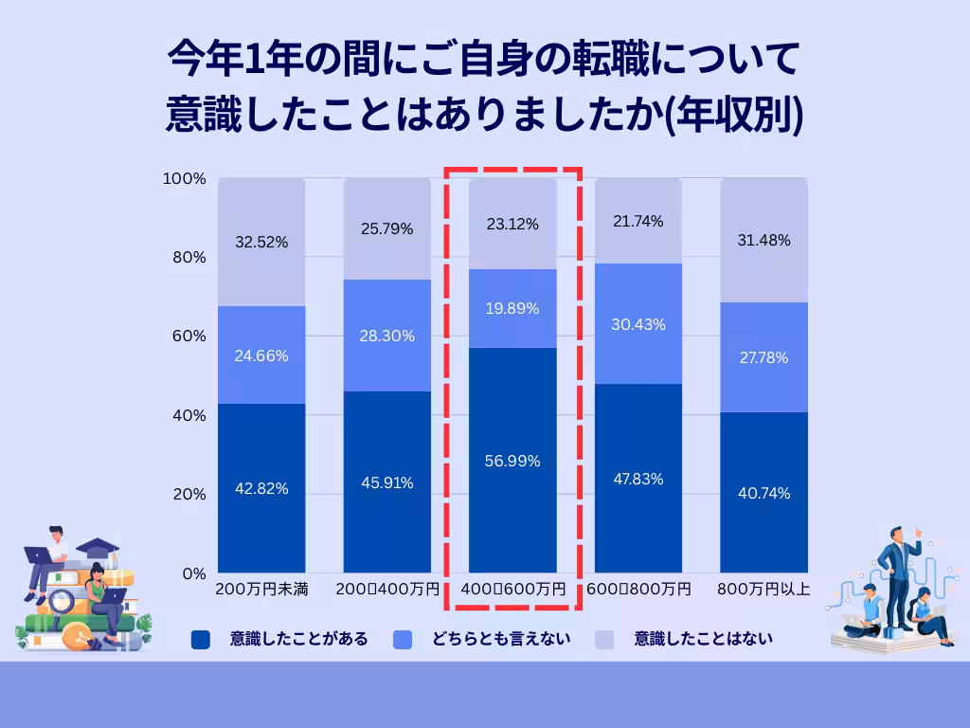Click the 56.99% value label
click(512, 462)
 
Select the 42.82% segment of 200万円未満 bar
click(261, 488)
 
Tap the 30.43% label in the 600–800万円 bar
click(638, 324)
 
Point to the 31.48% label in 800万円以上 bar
click(763, 241)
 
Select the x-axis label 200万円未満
click(261, 590)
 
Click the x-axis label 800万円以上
click(763, 590)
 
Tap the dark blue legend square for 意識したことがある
click(200, 640)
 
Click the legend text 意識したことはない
click(704, 639)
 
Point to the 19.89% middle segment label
click(512, 309)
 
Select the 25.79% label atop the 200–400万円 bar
click(386, 228)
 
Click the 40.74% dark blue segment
click(763, 493)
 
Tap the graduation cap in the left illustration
click(97, 548)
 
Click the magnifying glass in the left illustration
click(62, 600)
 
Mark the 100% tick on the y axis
click(186, 179)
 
